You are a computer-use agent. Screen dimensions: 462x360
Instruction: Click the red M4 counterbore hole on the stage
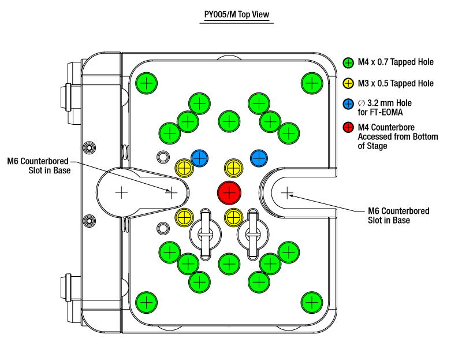[x=229, y=193]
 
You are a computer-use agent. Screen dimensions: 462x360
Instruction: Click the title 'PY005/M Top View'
[x=237, y=14]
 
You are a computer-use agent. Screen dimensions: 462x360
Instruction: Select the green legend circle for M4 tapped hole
[x=348, y=63]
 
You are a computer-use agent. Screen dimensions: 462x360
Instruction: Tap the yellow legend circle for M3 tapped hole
[x=348, y=83]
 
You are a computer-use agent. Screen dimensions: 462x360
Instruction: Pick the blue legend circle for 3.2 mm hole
[x=348, y=104]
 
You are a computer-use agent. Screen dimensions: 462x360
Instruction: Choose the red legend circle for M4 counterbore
[x=348, y=127]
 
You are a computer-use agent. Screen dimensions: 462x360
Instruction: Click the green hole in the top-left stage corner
[x=147, y=83]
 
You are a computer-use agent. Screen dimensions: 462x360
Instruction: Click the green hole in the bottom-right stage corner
[x=312, y=302]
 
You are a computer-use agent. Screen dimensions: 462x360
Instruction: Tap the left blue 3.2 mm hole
[x=199, y=158]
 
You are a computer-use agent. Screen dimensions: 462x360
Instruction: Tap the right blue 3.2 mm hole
[x=259, y=158]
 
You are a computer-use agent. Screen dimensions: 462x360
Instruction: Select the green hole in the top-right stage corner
[x=312, y=83]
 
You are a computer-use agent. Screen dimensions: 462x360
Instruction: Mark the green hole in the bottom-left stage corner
[x=147, y=302]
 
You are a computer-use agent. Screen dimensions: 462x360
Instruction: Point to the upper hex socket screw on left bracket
[x=90, y=147]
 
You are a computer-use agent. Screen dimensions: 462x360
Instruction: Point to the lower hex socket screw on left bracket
[x=90, y=221]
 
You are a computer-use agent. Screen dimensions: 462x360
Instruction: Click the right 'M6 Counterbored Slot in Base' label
[x=398, y=216]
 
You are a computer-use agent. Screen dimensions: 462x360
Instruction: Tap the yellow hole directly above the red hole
[x=234, y=168]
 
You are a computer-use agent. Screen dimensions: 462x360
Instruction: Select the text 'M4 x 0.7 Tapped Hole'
[x=396, y=62]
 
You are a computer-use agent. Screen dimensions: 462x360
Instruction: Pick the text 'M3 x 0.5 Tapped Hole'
[x=396, y=83]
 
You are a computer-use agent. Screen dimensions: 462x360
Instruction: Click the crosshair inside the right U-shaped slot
[x=286, y=193]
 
